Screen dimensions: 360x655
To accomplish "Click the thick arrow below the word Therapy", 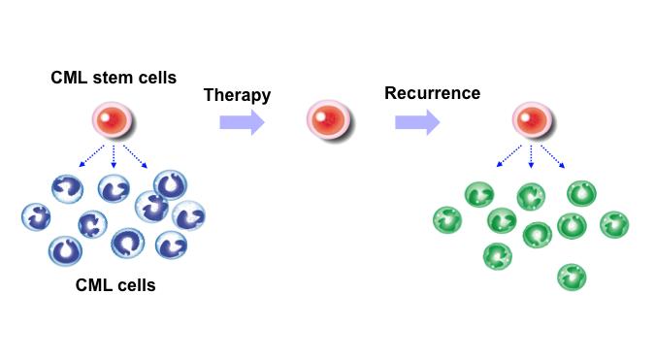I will (x=242, y=121).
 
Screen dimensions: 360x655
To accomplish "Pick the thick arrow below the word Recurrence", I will (x=416, y=121).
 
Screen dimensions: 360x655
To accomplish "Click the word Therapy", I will (x=238, y=95).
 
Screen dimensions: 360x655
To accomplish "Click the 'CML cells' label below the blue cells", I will (x=115, y=285).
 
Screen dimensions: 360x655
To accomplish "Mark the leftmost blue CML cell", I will (x=38, y=216).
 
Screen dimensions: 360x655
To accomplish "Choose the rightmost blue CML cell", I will (x=188, y=215).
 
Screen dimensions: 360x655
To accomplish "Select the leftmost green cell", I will (x=448, y=219).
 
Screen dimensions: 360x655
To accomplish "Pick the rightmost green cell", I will (x=615, y=224).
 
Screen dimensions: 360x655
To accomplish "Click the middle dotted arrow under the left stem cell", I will (x=115, y=155).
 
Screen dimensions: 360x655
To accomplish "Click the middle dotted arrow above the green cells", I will (x=531, y=155).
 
